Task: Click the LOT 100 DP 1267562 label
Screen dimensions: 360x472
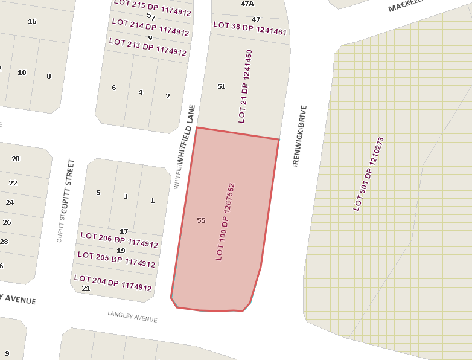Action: point(225,222)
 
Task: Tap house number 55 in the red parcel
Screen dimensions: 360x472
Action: point(201,220)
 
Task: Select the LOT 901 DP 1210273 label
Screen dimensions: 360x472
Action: point(369,174)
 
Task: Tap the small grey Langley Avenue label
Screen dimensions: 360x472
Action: point(132,317)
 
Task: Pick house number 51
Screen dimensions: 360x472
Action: point(221,86)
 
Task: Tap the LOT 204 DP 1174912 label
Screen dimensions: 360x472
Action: point(113,283)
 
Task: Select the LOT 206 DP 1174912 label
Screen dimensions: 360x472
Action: point(119,240)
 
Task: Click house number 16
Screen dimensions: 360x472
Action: point(32,21)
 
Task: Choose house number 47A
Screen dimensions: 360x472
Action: point(247,4)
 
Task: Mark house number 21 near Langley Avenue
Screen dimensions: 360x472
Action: point(85,288)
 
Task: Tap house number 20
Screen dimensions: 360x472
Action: point(16,159)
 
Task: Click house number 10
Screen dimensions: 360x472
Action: point(22,72)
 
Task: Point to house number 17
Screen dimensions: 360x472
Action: point(124,231)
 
